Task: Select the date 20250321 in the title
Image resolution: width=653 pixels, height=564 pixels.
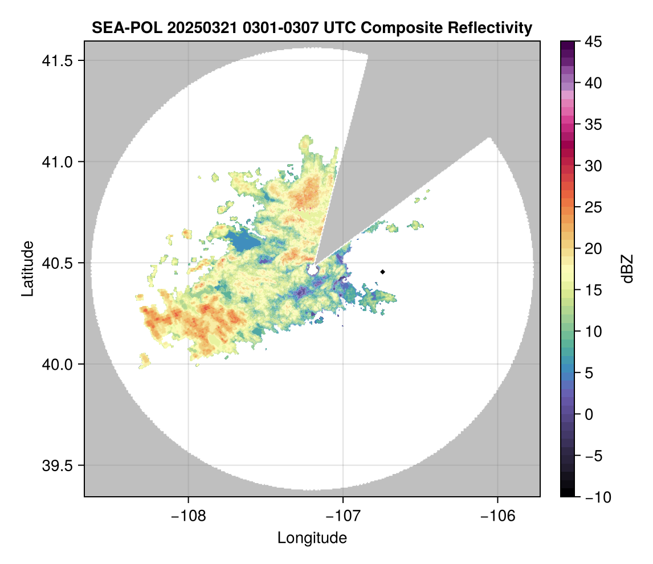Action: [191, 27]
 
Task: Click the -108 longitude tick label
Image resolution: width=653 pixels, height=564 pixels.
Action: [187, 516]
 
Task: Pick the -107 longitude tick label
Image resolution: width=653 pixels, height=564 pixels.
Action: [343, 516]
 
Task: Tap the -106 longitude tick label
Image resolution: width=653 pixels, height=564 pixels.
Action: [498, 516]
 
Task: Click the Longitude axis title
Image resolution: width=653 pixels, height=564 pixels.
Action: [312, 538]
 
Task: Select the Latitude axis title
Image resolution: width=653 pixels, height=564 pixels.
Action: [27, 268]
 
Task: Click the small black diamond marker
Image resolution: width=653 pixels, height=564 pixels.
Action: [383, 272]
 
